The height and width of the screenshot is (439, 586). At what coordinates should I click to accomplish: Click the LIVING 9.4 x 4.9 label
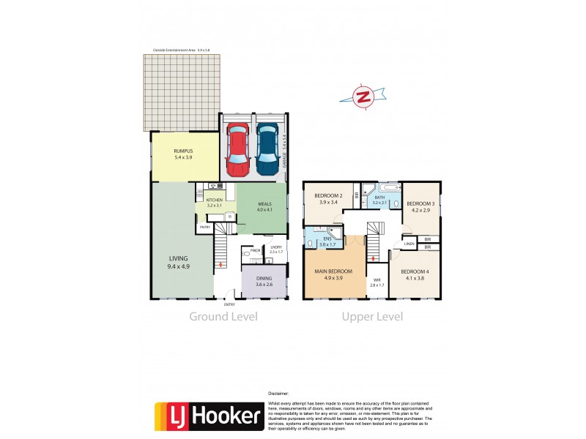[179, 262]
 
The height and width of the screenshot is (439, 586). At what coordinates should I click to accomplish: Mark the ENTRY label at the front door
[229, 304]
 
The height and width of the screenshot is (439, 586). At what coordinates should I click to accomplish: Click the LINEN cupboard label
[409, 244]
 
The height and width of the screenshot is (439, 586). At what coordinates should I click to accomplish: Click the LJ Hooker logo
[207, 417]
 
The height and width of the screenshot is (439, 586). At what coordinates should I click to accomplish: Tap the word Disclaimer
[279, 393]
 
